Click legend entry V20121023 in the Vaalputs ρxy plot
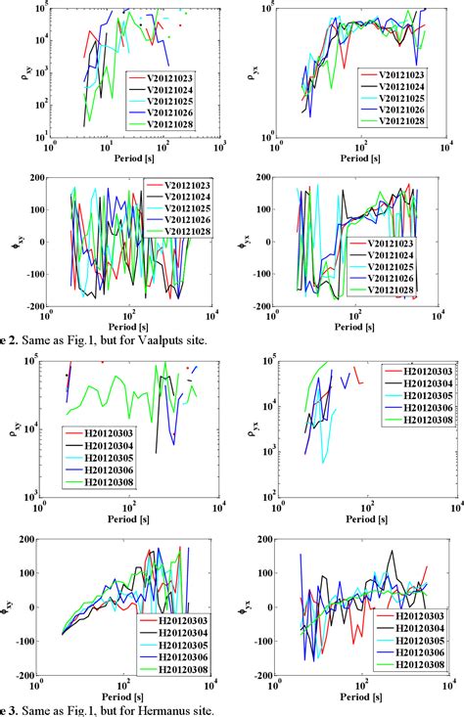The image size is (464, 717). click(x=175, y=75)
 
